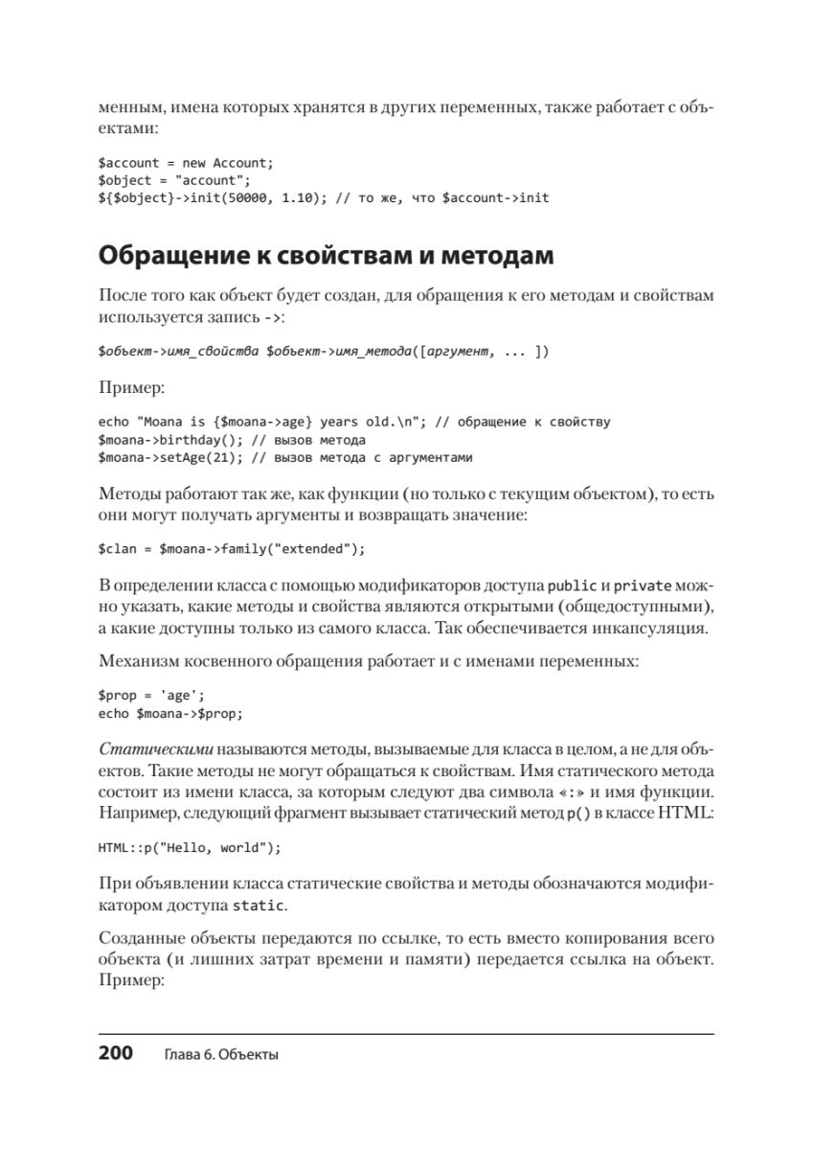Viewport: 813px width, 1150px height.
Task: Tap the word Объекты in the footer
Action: coord(247,1054)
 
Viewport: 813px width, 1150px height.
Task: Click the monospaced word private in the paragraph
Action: coord(643,586)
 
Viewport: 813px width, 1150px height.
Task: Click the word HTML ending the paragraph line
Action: coord(689,814)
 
